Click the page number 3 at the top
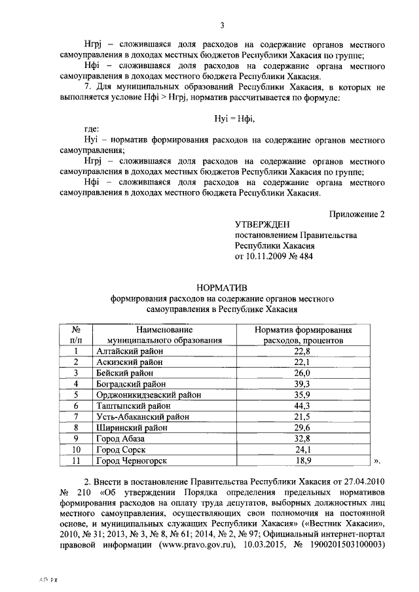pyautogui.click(x=222, y=26)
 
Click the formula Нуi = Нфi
pyautogui.click(x=234, y=117)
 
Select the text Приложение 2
pyautogui.click(x=354, y=214)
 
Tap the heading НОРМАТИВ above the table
pyautogui.click(x=221, y=288)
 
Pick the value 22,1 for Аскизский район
pyautogui.click(x=302, y=362)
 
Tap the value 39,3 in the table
pyautogui.click(x=302, y=384)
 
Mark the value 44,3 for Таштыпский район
pyautogui.click(x=302, y=406)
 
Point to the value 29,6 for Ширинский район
pyautogui.click(x=302, y=428)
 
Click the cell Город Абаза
pyautogui.click(x=122, y=438)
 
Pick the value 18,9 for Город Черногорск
pyautogui.click(x=302, y=461)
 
